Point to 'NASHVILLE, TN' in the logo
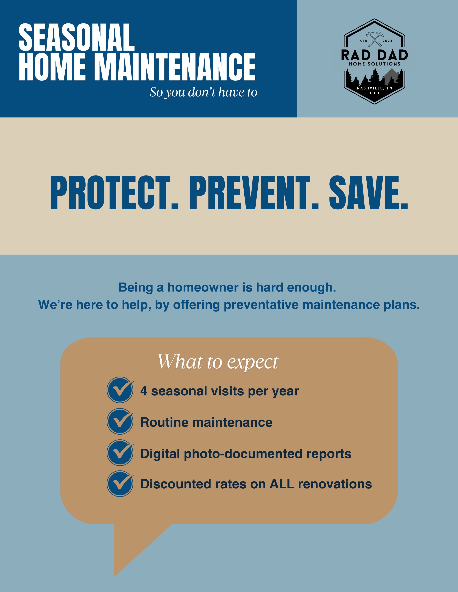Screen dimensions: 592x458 [374, 88]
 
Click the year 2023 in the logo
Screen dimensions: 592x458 [387, 41]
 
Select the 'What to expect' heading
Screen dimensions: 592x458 [218, 362]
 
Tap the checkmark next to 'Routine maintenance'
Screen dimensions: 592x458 [120, 421]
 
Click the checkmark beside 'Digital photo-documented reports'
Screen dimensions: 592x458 [120, 453]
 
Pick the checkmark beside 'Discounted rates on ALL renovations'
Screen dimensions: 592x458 [120, 484]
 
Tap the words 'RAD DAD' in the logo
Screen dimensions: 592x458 [374, 55]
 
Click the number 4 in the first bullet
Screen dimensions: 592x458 [143, 391]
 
